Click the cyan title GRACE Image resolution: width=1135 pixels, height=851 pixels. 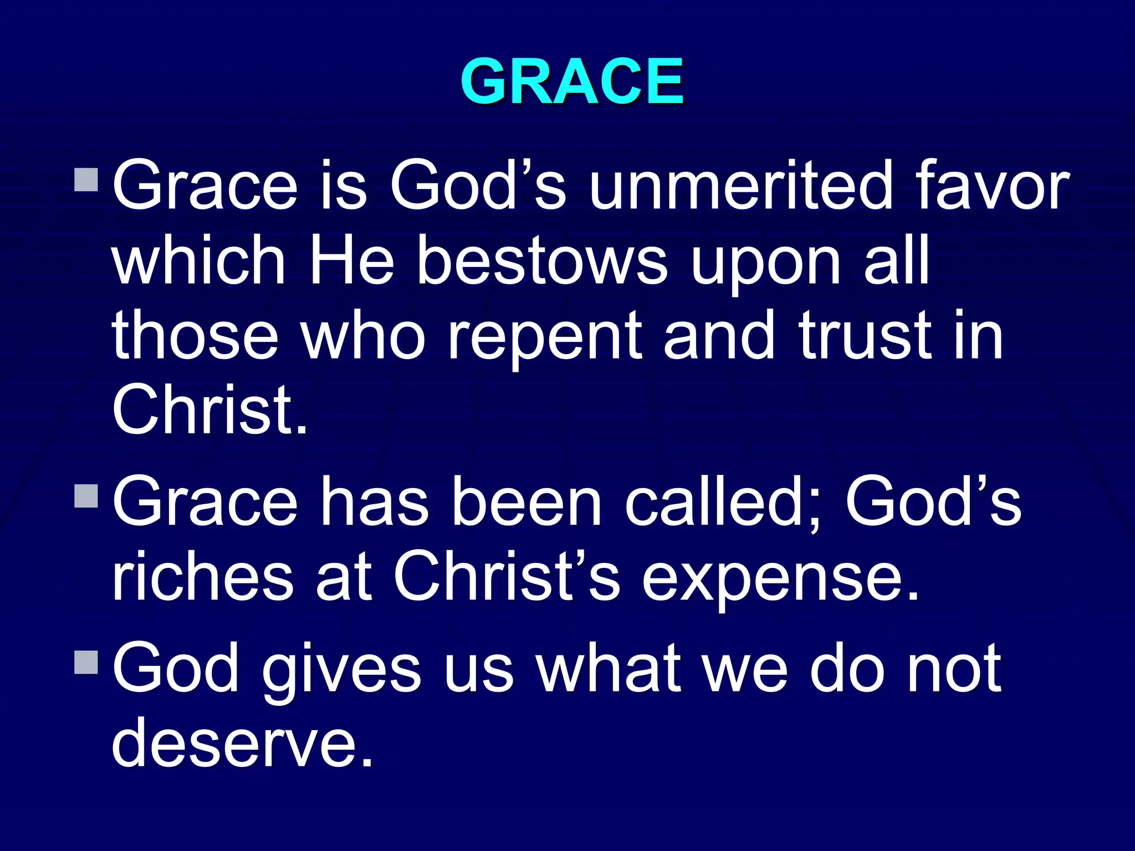[x=572, y=81]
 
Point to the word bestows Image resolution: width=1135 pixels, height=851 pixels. [x=541, y=260]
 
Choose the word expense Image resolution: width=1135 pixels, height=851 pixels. [x=780, y=579]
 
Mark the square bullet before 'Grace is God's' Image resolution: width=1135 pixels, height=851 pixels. [x=86, y=180]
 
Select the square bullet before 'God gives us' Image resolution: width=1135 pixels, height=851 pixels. [x=86, y=663]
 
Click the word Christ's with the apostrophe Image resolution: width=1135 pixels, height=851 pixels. [x=507, y=576]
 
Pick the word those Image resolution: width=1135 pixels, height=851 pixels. [x=195, y=335]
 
